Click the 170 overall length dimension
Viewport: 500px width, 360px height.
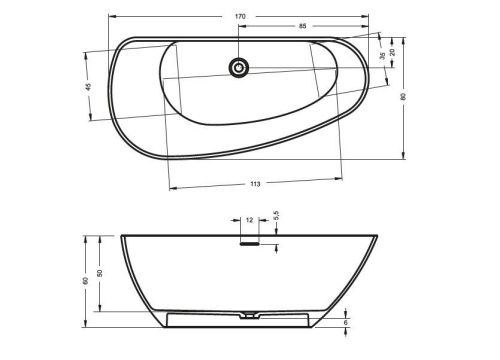click(x=240, y=16)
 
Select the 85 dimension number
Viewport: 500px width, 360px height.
click(x=302, y=26)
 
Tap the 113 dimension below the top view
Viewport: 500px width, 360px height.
click(x=255, y=184)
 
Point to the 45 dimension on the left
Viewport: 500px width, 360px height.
click(x=88, y=87)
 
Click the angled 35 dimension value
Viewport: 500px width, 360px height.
click(x=383, y=56)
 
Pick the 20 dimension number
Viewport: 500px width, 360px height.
click(x=393, y=52)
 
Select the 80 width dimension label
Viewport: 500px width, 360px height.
click(x=403, y=97)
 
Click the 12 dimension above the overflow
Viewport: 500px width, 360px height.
click(x=249, y=220)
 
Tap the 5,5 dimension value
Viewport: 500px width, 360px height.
click(x=276, y=215)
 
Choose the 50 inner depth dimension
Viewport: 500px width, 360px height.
click(x=99, y=273)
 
